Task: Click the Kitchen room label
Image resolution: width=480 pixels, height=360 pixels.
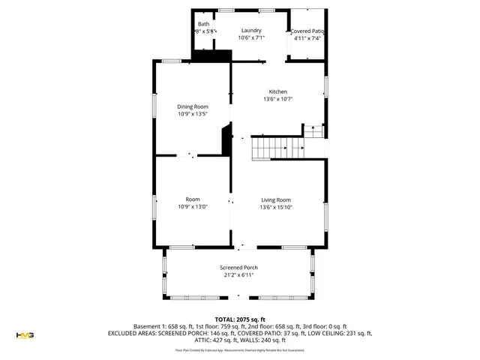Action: point(277,91)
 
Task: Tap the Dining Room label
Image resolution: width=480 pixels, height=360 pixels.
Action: point(193,106)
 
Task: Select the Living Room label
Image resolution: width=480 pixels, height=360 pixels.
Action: point(276,199)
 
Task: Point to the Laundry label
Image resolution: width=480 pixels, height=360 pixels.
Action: point(250,30)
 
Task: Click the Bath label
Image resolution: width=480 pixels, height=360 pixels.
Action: point(203,24)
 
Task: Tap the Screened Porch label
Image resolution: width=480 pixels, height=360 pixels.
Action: point(238,268)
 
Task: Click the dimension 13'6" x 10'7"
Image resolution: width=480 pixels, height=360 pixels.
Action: point(277,99)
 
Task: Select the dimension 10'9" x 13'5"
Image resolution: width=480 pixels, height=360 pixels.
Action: point(193,114)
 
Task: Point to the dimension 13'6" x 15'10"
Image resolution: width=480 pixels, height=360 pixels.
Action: point(276,207)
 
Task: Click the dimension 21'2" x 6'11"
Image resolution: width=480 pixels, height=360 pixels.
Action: point(238,275)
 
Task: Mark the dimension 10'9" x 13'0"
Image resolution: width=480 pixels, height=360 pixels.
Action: point(193,207)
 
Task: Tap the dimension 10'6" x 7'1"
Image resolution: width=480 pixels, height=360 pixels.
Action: point(250,37)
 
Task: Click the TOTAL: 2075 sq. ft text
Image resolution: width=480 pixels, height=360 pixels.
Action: point(239,319)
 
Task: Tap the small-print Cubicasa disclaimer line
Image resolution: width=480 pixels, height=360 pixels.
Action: point(239,349)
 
